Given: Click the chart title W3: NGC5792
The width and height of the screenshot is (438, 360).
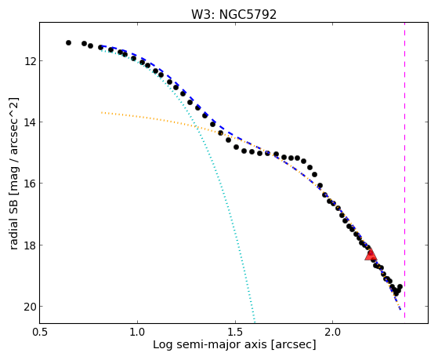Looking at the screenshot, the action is (233, 14).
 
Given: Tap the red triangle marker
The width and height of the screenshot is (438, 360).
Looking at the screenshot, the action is (371, 255).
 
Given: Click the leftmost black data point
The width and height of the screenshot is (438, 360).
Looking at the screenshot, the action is (68, 43).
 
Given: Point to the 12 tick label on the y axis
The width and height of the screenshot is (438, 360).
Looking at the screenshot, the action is (30, 60).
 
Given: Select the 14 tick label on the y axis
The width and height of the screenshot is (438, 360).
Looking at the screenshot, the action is (30, 122).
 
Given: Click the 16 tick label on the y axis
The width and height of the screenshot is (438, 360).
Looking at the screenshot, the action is (30, 184).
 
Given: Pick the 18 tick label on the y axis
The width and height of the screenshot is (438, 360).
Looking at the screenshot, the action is (30, 245).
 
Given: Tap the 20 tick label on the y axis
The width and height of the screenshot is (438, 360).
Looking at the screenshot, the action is (30, 307).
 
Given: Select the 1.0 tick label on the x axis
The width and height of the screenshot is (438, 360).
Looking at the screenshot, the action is (137, 332).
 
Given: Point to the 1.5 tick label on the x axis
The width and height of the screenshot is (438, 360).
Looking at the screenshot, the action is (235, 332).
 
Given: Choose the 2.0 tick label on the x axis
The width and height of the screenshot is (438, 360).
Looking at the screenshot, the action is (333, 332).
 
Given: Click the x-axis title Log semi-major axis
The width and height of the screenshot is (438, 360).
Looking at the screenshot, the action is (210, 344).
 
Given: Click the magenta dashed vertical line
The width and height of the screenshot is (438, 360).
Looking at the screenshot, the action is (404, 170).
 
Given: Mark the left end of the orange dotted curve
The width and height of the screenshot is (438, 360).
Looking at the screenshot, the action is (102, 112).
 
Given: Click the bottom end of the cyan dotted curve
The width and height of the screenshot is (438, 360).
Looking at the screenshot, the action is (254, 321).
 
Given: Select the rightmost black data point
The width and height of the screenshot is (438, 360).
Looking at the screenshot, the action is (400, 287).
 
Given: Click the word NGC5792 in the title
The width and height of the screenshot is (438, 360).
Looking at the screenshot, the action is (248, 14).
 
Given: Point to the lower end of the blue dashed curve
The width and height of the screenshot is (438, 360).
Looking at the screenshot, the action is (400, 309).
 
